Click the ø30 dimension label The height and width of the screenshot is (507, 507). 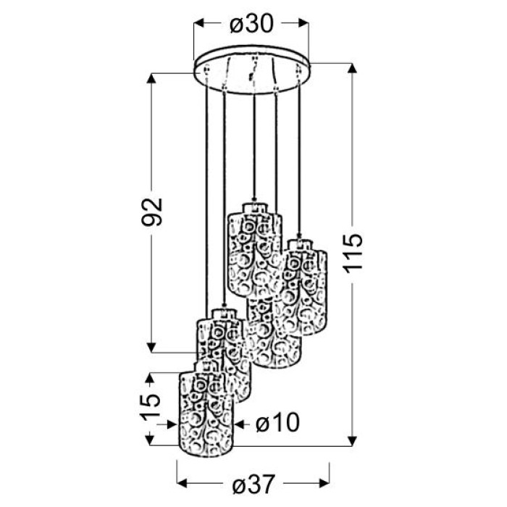(251, 24)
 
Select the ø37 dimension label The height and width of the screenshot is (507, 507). (253, 483)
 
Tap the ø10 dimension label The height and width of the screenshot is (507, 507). (278, 422)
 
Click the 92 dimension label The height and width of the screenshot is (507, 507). (152, 211)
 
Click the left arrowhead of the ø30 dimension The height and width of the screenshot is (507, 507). (198, 23)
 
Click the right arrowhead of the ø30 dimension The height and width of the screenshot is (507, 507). (303, 23)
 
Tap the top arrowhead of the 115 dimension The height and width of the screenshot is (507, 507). (352, 69)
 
